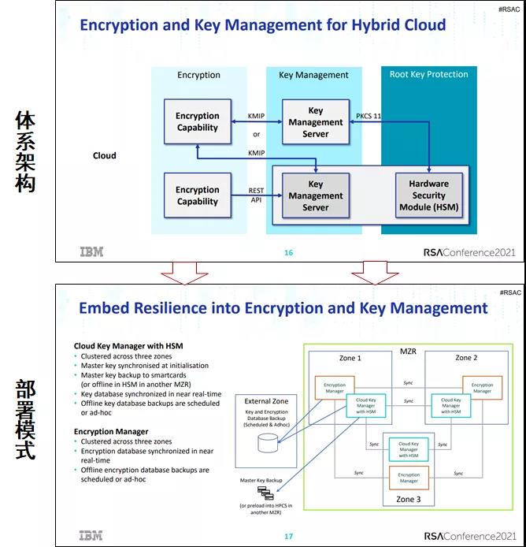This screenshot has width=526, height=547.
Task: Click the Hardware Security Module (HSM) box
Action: point(428,195)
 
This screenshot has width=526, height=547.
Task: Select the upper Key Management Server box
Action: point(315,122)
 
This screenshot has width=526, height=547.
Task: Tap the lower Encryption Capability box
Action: point(197,195)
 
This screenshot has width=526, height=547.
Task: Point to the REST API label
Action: point(257,195)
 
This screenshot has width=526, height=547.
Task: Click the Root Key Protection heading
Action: point(428,75)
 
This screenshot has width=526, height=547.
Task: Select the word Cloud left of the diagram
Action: point(104,155)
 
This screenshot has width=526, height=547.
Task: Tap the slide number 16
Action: point(288,252)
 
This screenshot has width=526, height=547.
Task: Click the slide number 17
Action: point(288,537)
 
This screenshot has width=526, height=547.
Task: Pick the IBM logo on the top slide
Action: point(91,252)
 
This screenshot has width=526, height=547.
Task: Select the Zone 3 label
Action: point(409,499)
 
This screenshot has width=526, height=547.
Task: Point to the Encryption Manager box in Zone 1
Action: point(335,388)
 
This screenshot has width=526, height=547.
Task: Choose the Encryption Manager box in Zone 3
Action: point(409,478)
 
